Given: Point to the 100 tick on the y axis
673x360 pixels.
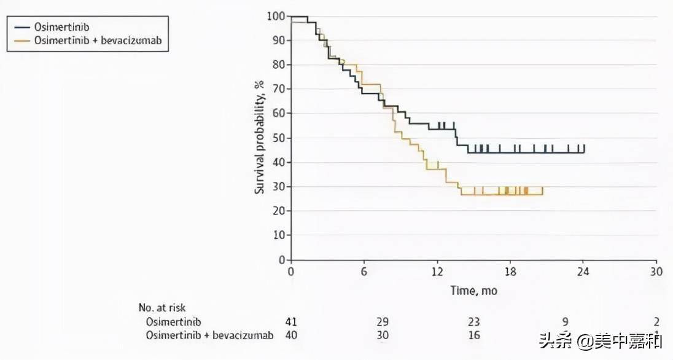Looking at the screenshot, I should tap(276, 16).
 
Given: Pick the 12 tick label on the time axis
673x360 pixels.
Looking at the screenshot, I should tap(437, 272).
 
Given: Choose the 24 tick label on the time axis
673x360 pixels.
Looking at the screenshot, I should tap(583, 272).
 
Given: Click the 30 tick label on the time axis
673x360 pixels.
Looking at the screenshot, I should tap(656, 272).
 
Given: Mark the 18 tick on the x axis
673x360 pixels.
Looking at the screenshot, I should tap(510, 272).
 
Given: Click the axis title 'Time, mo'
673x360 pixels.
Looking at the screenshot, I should tap(473, 290).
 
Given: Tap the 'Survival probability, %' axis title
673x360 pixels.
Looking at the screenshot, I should tap(260, 139).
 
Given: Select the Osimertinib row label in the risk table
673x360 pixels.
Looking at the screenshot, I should tap(174, 322).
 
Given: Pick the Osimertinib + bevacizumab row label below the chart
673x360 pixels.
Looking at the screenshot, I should tap(209, 335).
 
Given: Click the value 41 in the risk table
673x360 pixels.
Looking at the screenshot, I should tap(292, 322).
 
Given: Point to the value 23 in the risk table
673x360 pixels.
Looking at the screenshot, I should tap(473, 322).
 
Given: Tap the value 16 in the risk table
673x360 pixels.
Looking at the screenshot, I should tap(473, 335).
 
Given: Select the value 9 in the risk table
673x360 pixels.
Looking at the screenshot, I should tap(565, 322).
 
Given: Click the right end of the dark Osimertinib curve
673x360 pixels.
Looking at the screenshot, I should tap(584, 148).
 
